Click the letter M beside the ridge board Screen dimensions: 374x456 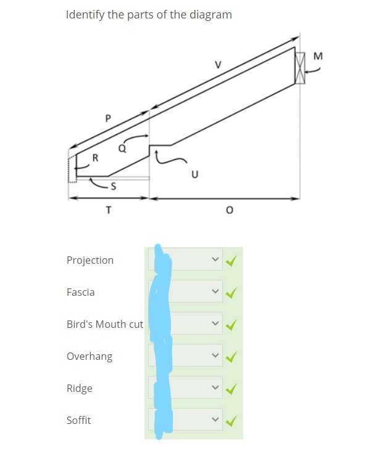pyautogui.click(x=318, y=56)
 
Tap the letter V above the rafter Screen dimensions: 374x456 pyautogui.click(x=218, y=65)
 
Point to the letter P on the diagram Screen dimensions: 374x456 pyautogui.click(x=108, y=118)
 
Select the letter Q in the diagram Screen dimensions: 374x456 pyautogui.click(x=122, y=149)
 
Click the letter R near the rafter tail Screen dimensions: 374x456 pyautogui.click(x=95, y=158)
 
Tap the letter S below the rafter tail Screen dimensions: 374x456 pyautogui.click(x=114, y=186)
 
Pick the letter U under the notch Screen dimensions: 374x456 pyautogui.click(x=195, y=174)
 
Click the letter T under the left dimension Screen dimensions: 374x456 pyautogui.click(x=109, y=210)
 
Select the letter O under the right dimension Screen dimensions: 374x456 pyautogui.click(x=230, y=210)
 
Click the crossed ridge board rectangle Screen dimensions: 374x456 pyautogui.click(x=300, y=68)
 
